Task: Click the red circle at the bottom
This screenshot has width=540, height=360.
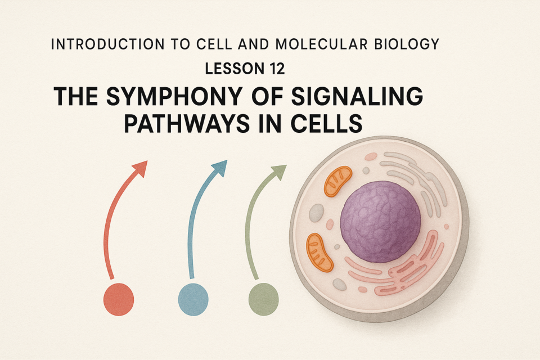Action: click(x=119, y=299)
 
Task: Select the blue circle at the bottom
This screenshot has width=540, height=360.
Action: click(x=193, y=299)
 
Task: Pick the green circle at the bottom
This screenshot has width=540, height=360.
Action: click(x=263, y=299)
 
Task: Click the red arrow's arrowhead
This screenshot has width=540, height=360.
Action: click(x=141, y=168)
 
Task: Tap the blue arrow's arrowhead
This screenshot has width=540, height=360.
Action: click(x=220, y=168)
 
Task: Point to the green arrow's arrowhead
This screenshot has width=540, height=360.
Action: click(x=280, y=172)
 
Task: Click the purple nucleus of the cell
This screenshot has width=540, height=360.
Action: click(x=380, y=222)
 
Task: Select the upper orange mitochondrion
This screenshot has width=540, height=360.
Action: click(x=338, y=181)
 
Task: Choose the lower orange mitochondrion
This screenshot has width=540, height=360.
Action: click(x=319, y=253)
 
